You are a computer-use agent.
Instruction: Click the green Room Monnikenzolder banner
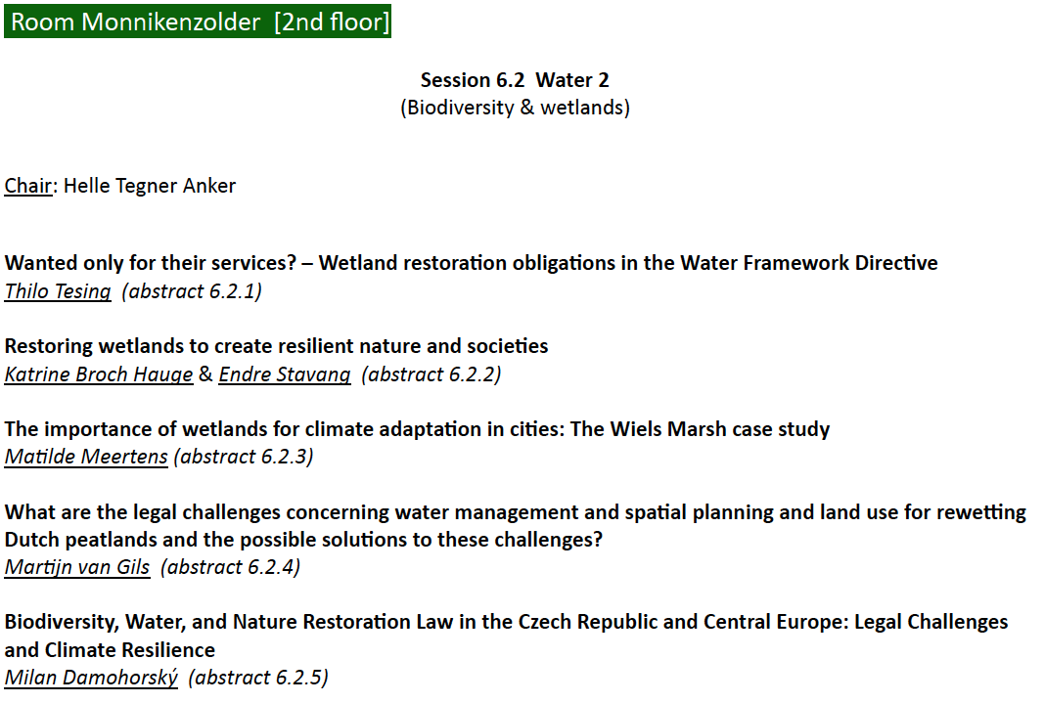pyautogui.click(x=198, y=22)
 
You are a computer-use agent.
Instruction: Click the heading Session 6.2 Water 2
pyautogui.click(x=515, y=80)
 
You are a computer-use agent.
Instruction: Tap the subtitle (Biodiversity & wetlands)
pyautogui.click(x=515, y=108)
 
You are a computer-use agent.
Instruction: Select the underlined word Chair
pyautogui.click(x=28, y=186)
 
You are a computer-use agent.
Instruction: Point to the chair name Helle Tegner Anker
pyautogui.click(x=150, y=186)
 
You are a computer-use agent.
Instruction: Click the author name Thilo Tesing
pyautogui.click(x=58, y=291)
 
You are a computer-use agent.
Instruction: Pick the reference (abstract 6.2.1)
pyautogui.click(x=192, y=291)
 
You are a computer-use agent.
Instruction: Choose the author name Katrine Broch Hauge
pyautogui.click(x=99, y=374)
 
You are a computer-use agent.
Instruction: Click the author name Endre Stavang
pyautogui.click(x=285, y=374)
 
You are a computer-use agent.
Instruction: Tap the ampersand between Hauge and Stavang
pyautogui.click(x=205, y=374)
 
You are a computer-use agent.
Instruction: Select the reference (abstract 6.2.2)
pyautogui.click(x=432, y=374)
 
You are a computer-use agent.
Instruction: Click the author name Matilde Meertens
pyautogui.click(x=86, y=457)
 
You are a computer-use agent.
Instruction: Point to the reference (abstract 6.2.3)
pyautogui.click(x=244, y=457)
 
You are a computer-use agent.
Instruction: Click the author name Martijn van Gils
pyautogui.click(x=77, y=567)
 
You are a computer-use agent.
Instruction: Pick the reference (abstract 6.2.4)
pyautogui.click(x=231, y=567)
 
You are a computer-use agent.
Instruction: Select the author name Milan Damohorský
pyautogui.click(x=91, y=678)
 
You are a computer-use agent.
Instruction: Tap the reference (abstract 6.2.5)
pyautogui.click(x=258, y=678)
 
